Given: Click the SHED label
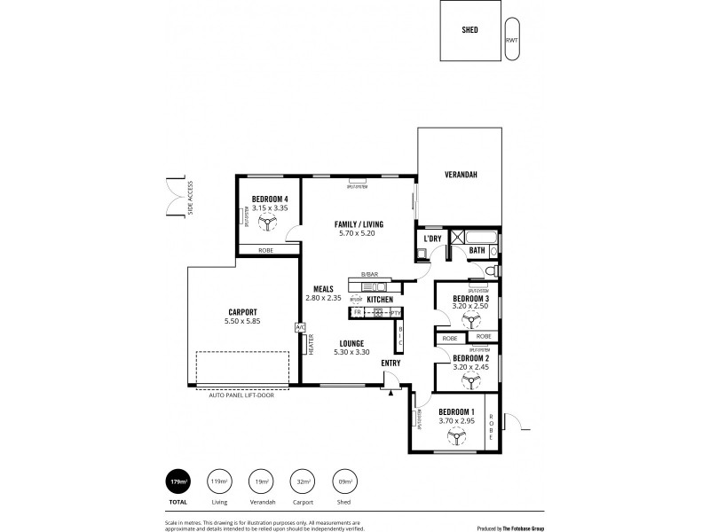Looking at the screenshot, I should (x=470, y=30).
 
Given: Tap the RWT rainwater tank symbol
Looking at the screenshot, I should (x=512, y=40).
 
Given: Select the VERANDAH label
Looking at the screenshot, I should (x=461, y=175).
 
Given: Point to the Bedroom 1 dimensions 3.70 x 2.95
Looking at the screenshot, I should (x=456, y=421).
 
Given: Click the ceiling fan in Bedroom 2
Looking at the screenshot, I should (x=470, y=379).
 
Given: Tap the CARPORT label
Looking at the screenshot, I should (x=241, y=312).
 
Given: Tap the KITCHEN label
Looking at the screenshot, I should (x=380, y=300).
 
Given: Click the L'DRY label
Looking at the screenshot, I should (x=433, y=239).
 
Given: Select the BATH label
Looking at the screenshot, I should (x=477, y=251).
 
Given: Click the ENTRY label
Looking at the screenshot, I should (x=390, y=363).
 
